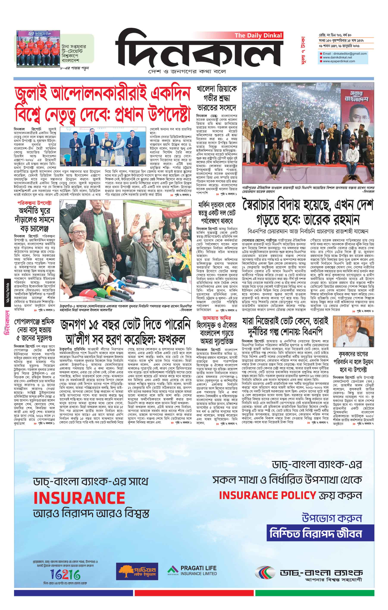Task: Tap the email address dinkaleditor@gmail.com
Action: point(344,54)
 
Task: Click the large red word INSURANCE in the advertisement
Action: point(79,498)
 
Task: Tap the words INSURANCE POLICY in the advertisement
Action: point(268,495)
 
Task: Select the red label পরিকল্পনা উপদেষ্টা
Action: point(34,203)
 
